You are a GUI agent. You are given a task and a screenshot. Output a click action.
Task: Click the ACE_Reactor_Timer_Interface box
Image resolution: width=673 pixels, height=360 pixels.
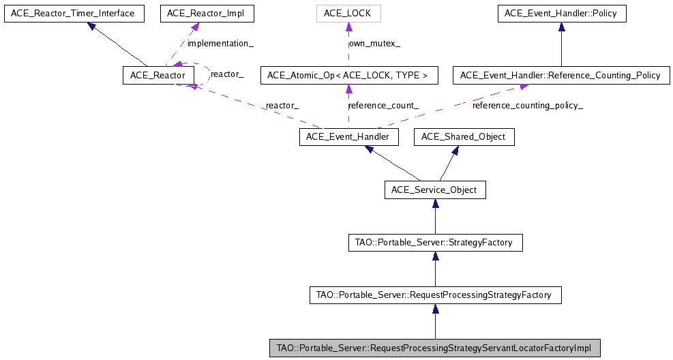coord(74,13)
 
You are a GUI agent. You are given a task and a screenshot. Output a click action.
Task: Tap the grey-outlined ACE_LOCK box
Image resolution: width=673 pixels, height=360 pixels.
coord(348,13)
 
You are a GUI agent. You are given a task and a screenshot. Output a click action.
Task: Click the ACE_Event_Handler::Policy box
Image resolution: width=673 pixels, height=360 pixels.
coord(561,13)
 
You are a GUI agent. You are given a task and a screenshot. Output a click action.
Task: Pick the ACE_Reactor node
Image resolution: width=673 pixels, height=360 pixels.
coord(153,75)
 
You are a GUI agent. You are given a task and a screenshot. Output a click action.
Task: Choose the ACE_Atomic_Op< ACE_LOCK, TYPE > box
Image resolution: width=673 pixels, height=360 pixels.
coord(348,75)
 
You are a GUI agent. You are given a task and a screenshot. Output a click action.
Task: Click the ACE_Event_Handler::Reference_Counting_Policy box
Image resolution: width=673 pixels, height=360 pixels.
coord(560,75)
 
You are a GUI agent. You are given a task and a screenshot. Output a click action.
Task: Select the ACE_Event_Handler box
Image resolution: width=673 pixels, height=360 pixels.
coord(348,137)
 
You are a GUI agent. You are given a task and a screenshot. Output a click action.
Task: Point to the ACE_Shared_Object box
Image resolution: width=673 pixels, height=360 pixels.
coord(464,137)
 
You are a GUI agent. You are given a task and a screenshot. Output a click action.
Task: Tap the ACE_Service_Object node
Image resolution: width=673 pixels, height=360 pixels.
coord(435,190)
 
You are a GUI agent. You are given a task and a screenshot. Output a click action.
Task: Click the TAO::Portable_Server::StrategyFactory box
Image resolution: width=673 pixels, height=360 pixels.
coord(435,242)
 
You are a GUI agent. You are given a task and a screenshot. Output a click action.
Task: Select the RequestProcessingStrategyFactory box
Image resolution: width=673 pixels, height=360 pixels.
coord(435,295)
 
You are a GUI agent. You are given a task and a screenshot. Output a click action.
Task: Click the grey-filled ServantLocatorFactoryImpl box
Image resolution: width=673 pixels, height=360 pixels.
coord(435,348)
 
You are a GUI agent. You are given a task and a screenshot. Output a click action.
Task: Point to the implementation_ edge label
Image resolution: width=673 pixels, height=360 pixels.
coord(220,44)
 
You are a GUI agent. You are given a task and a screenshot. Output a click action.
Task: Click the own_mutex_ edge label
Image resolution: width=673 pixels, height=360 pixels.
coord(374,44)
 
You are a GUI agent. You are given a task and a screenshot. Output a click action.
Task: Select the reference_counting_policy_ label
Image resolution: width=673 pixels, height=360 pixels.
coord(527,106)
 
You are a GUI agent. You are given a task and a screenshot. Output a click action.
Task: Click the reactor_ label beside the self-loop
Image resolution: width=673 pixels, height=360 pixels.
coord(227,73)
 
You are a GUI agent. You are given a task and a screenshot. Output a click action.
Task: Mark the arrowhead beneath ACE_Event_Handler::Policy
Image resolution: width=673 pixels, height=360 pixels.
coord(561,27)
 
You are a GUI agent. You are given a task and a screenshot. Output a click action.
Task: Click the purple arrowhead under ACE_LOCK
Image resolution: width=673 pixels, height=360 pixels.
coord(348,27)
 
